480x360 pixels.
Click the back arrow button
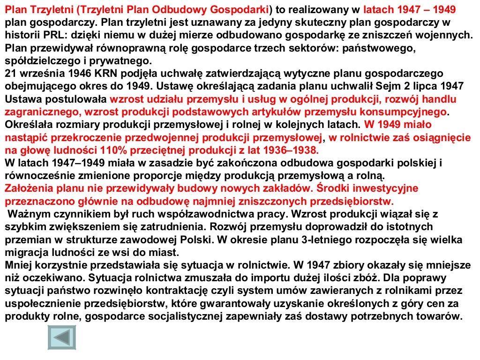click(x=61, y=337)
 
